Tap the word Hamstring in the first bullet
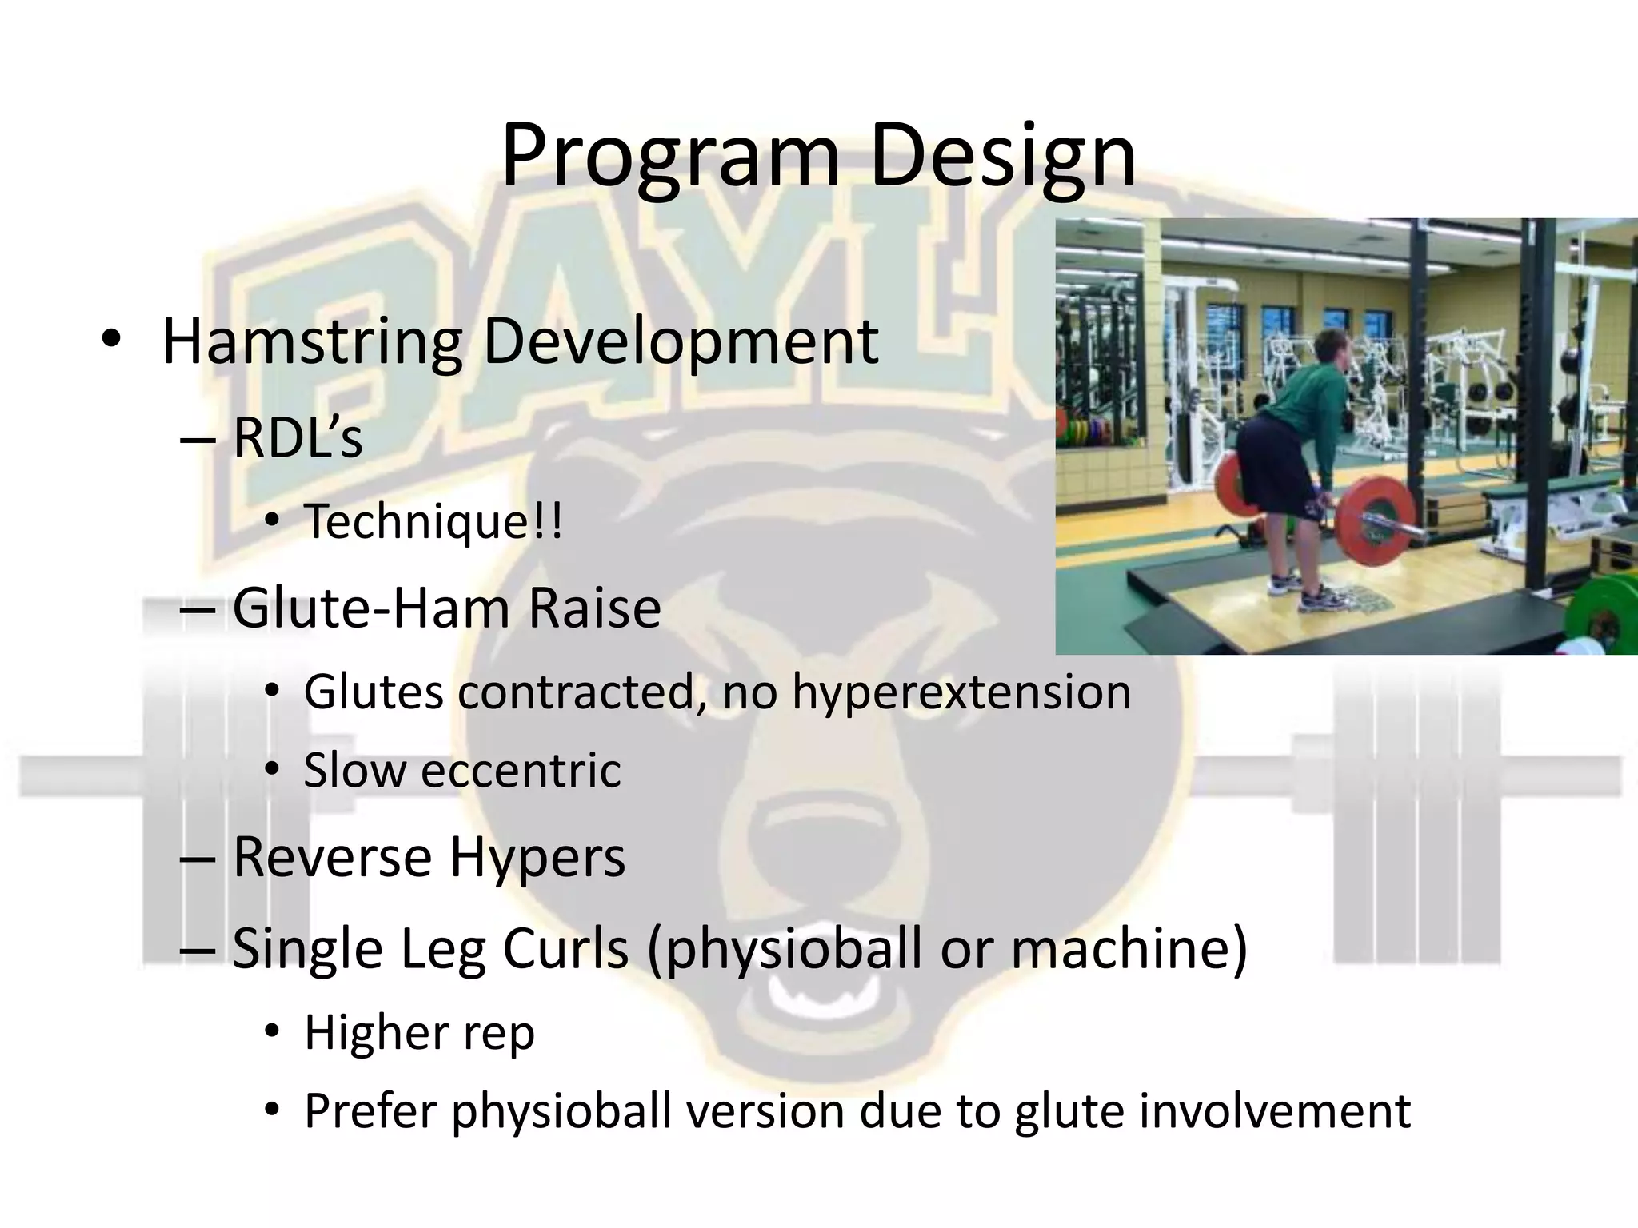pyautogui.click(x=312, y=341)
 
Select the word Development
pyautogui.click(x=681, y=341)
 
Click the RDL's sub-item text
pyautogui.click(x=298, y=438)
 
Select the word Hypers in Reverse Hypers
pyautogui.click(x=537, y=857)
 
